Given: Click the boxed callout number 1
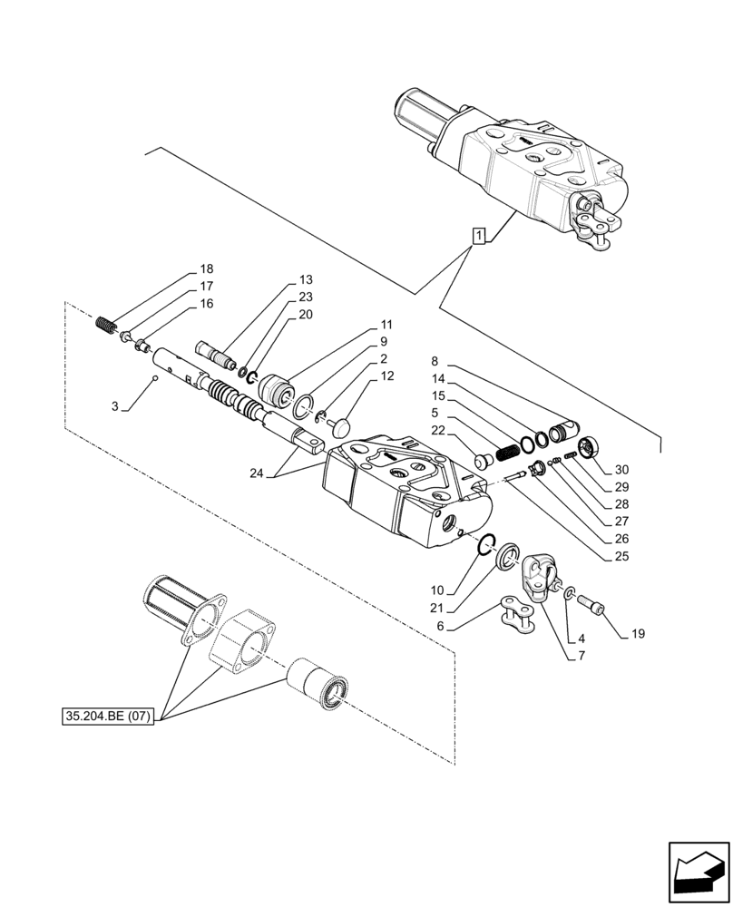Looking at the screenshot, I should [x=479, y=236].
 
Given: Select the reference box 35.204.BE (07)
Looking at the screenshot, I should [x=110, y=717].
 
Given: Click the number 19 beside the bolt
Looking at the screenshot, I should [x=638, y=634].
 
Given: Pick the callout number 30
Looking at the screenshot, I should [x=621, y=470].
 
